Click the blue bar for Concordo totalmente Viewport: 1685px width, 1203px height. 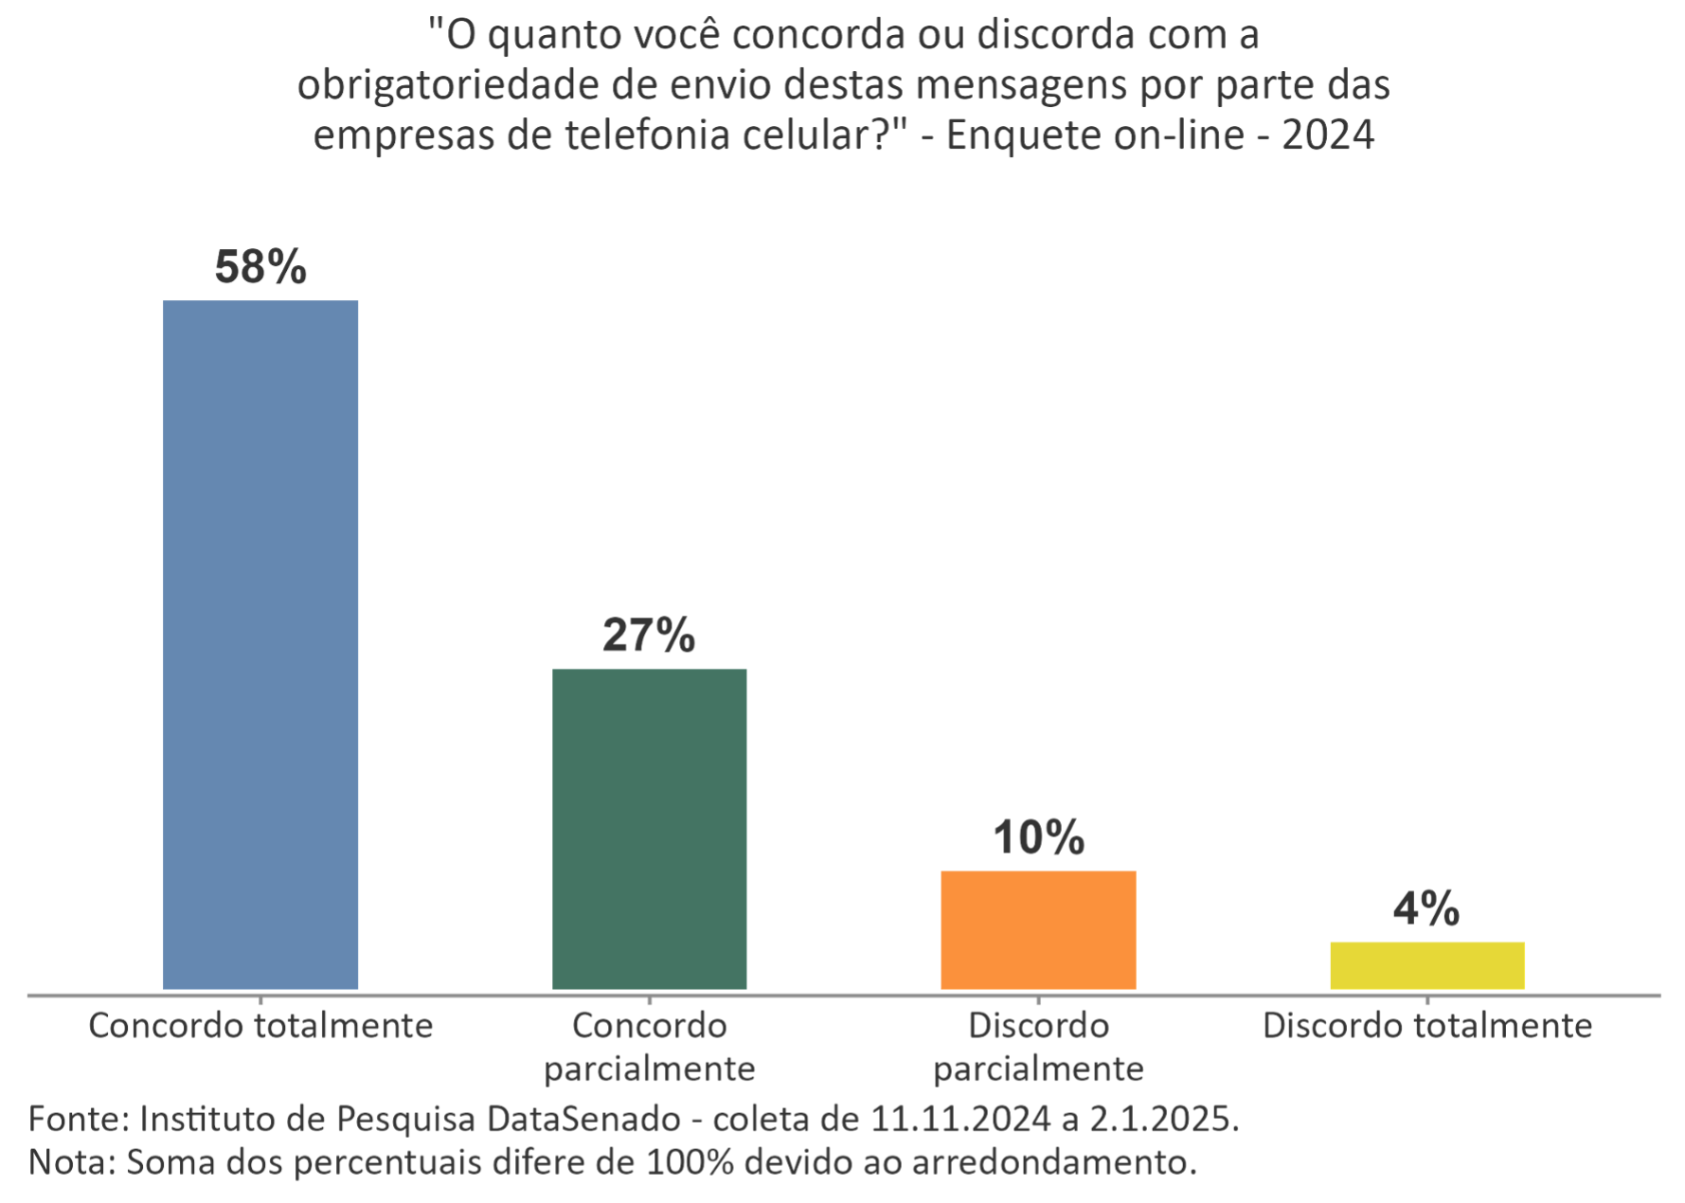(260, 644)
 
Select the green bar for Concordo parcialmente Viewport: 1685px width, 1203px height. (650, 829)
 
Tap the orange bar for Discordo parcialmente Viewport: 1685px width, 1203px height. (1038, 929)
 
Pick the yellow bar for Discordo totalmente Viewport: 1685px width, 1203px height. (1427, 965)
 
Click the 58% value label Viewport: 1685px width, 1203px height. (260, 268)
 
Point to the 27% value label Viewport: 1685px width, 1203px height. (649, 636)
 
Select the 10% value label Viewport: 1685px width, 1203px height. (1038, 838)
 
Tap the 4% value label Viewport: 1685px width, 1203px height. (1425, 909)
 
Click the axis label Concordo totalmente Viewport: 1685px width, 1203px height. (260, 1026)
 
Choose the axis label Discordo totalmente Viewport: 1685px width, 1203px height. (1427, 1026)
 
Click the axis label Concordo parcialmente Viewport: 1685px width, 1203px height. (650, 1047)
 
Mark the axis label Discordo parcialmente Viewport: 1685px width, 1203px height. (1038, 1047)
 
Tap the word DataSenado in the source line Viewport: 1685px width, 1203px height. (583, 1120)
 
